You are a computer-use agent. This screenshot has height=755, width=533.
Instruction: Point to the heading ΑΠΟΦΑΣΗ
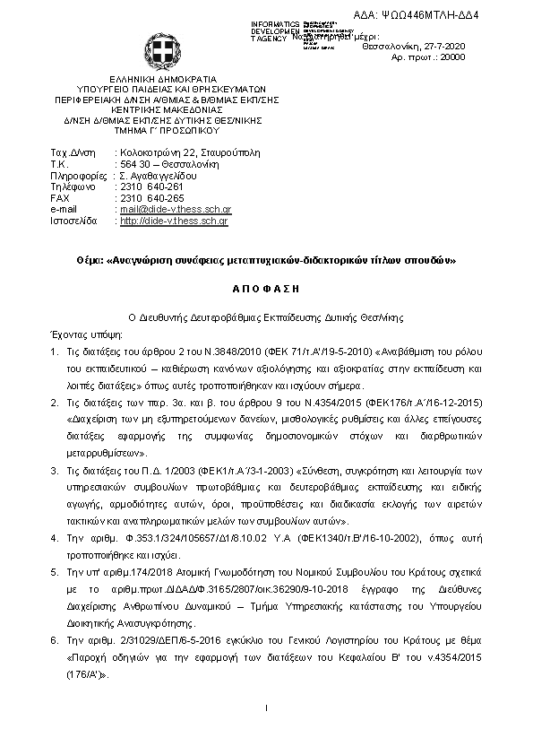tap(267, 289)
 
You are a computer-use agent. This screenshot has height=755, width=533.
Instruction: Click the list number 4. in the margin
tap(55, 538)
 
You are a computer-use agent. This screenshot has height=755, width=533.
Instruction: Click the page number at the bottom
tap(267, 709)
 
